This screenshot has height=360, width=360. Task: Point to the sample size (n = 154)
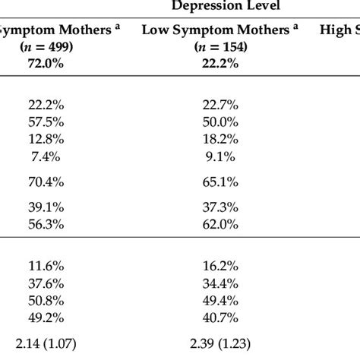coord(225,47)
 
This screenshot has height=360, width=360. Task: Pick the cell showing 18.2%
coord(225,138)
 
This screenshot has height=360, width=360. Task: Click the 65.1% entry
coord(225,182)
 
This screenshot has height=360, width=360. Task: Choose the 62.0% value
coord(225,224)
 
